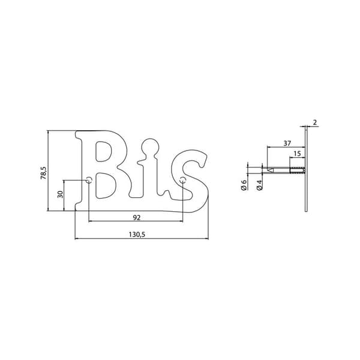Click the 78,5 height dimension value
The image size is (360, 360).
pyautogui.click(x=44, y=173)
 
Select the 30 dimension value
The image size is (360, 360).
pyautogui.click(x=60, y=194)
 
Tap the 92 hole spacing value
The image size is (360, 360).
pyautogui.click(x=137, y=217)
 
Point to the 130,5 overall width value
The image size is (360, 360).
pyautogui.click(x=137, y=235)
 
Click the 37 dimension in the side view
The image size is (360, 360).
pyautogui.click(x=287, y=143)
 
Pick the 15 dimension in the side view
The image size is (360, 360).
pyautogui.click(x=297, y=154)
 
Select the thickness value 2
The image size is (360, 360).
pyautogui.click(x=315, y=122)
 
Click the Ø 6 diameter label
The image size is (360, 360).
pyautogui.click(x=244, y=185)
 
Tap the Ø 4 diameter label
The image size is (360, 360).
pyautogui.click(x=260, y=185)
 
